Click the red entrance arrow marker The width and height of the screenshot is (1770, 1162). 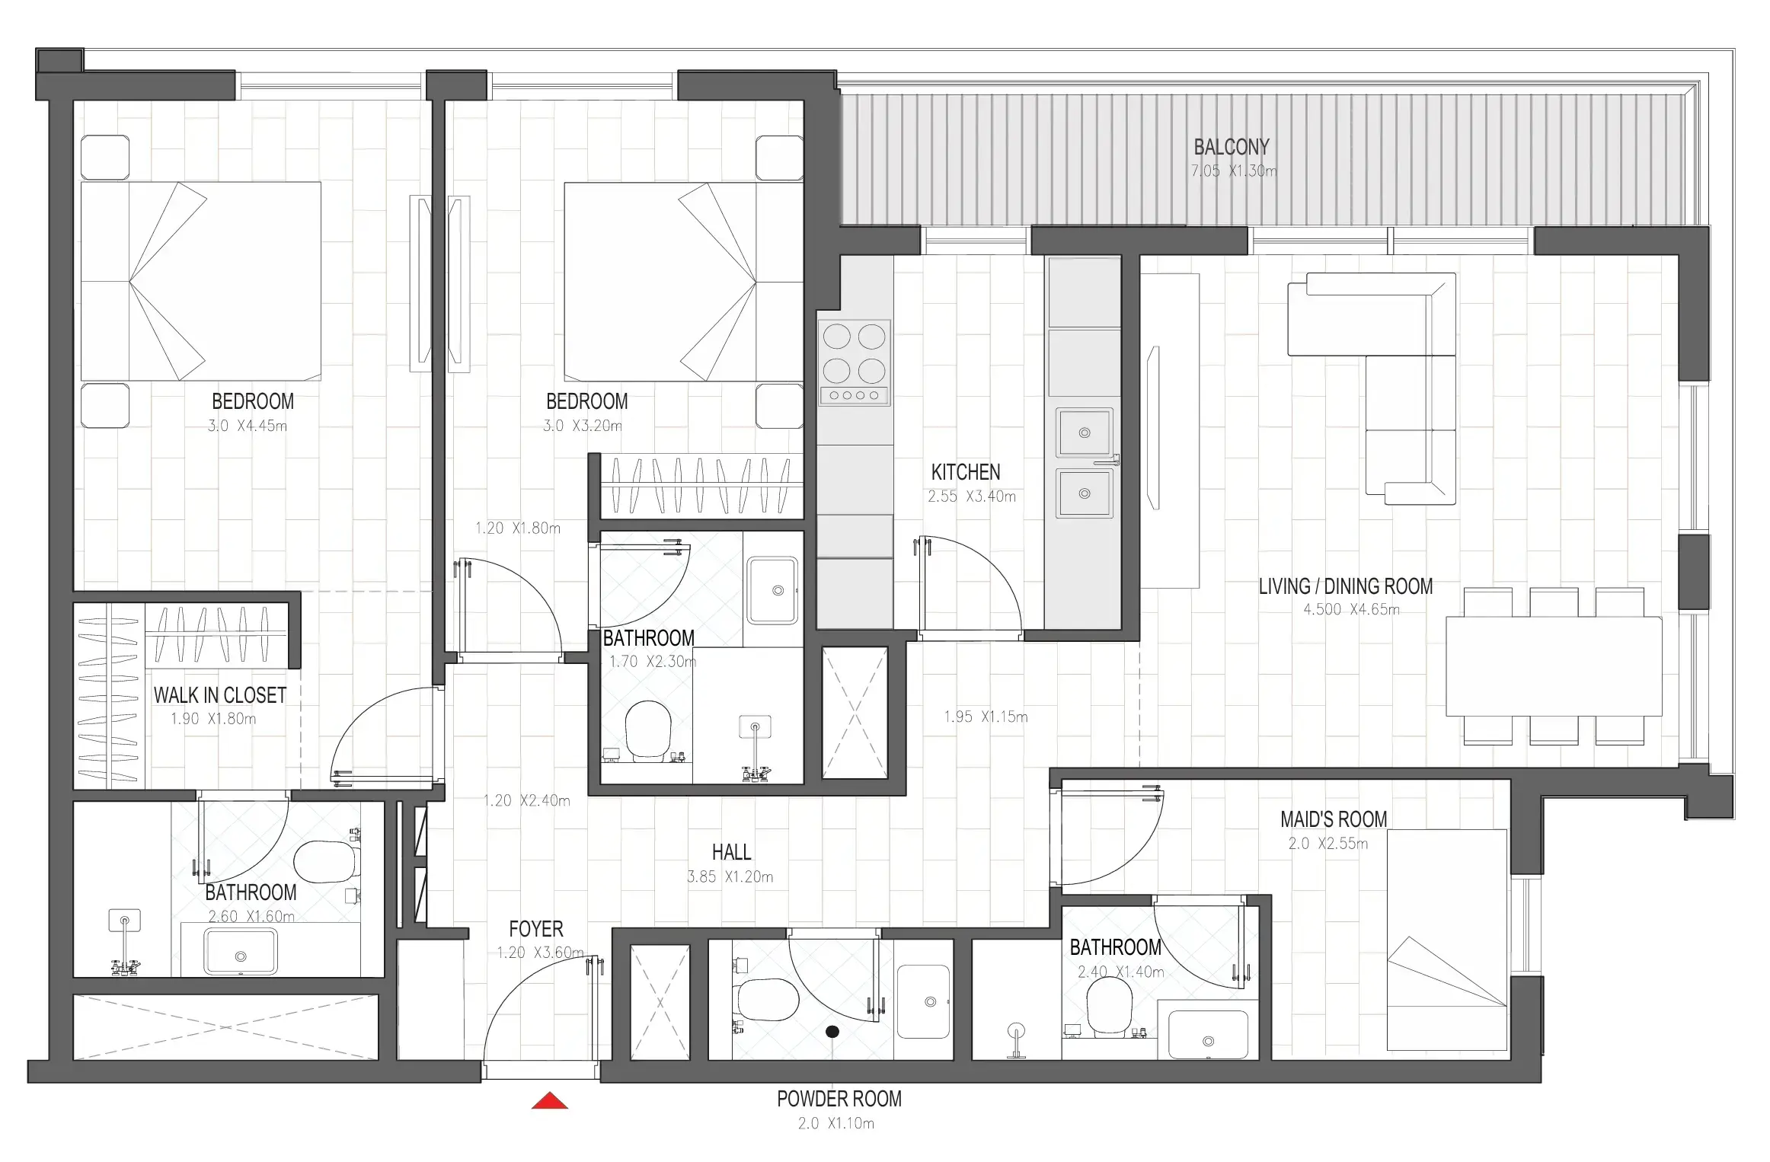550,1100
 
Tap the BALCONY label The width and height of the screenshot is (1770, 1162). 1232,147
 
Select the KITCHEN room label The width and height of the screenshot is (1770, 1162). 966,472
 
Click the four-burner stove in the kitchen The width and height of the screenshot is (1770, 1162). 855,362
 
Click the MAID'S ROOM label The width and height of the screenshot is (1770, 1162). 1334,819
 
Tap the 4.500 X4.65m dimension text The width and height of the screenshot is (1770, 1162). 1351,609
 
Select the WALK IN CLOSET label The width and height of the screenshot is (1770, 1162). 220,695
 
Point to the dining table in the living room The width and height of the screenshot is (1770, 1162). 1554,666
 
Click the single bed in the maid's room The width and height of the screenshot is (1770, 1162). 1446,940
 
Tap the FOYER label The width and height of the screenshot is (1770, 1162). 536,929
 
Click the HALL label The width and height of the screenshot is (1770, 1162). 731,852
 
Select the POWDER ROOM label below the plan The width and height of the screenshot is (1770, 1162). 839,1099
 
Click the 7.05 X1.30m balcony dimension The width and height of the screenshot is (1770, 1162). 1234,171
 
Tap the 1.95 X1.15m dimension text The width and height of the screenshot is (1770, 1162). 986,717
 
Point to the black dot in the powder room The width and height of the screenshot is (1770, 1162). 832,1032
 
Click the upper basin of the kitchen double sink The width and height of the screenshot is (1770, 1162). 1085,433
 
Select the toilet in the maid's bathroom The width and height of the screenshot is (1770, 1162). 1109,1005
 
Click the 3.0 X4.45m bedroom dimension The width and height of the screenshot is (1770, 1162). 248,426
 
